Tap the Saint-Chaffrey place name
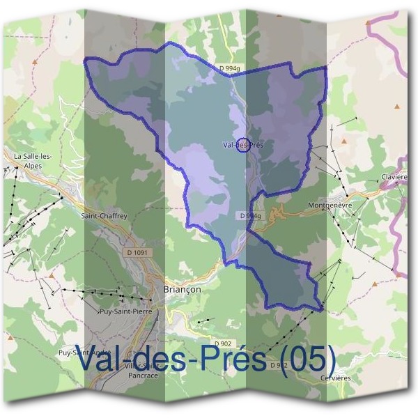pos(104,216)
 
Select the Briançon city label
pos(181,289)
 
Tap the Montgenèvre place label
pos(330,206)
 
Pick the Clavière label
pos(394,178)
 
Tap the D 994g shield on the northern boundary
pos(229,68)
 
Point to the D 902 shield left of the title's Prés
pos(222,344)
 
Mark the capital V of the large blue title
pos(85,359)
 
